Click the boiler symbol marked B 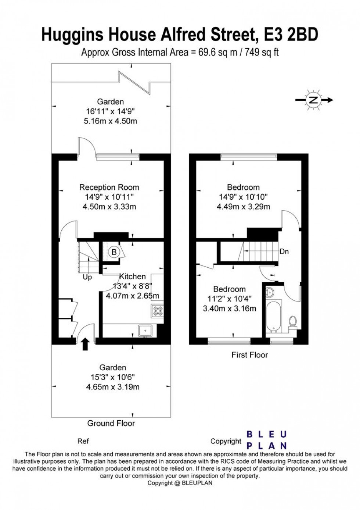point(114,252)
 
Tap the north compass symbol point(313,100)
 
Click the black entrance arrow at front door point(85,344)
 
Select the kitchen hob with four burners point(158,311)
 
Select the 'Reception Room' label point(109,188)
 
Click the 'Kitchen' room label point(132,277)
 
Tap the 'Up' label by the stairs point(87,277)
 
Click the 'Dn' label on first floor point(284,252)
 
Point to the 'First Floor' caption point(249,355)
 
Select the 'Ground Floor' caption point(111,423)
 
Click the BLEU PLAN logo point(266,440)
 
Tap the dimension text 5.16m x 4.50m point(110,121)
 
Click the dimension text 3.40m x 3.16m point(229,309)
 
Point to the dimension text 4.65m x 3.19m point(113,387)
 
